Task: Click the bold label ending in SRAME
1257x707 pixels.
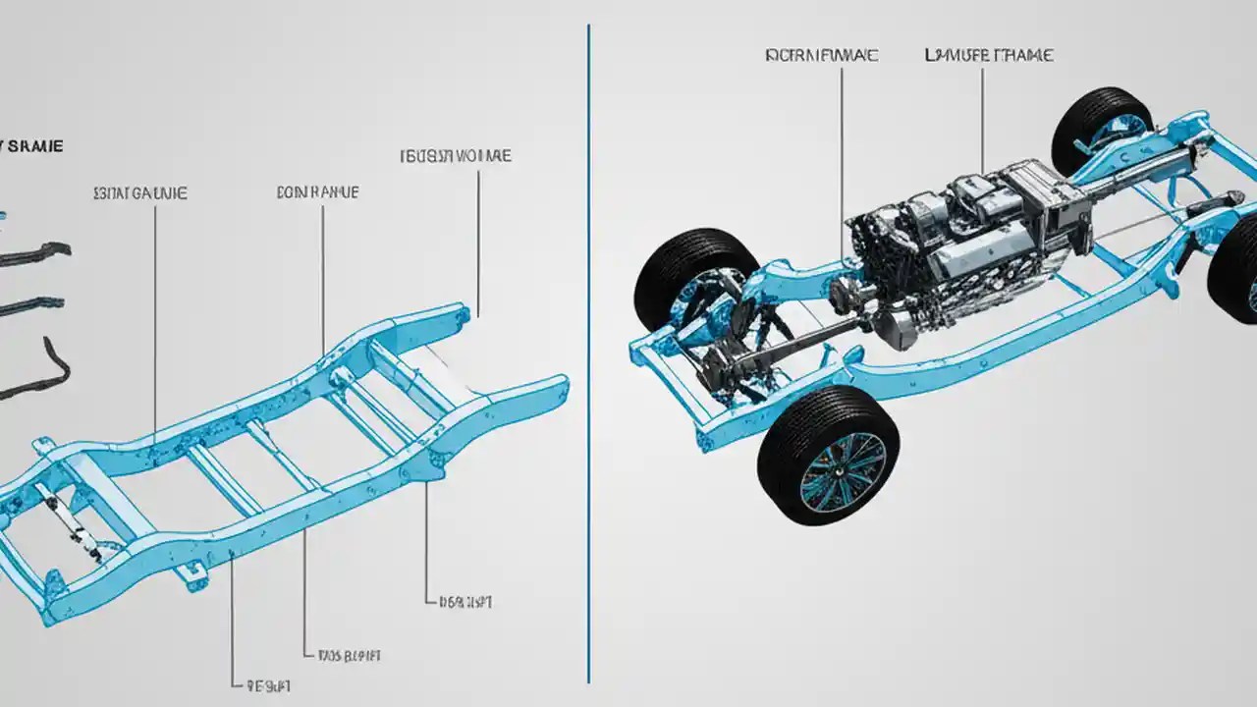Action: [x=31, y=146]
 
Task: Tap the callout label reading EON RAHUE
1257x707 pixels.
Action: [x=318, y=193]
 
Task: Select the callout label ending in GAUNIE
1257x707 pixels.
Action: [x=139, y=193]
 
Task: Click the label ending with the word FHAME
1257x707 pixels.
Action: [x=989, y=56]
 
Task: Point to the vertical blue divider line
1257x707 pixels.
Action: [x=588, y=393]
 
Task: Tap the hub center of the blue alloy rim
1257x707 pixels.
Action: [x=842, y=470]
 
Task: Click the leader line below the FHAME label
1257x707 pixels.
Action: [x=982, y=118]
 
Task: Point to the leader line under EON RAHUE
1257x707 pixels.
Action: [x=323, y=265]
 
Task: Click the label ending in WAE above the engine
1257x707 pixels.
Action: [x=821, y=56]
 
